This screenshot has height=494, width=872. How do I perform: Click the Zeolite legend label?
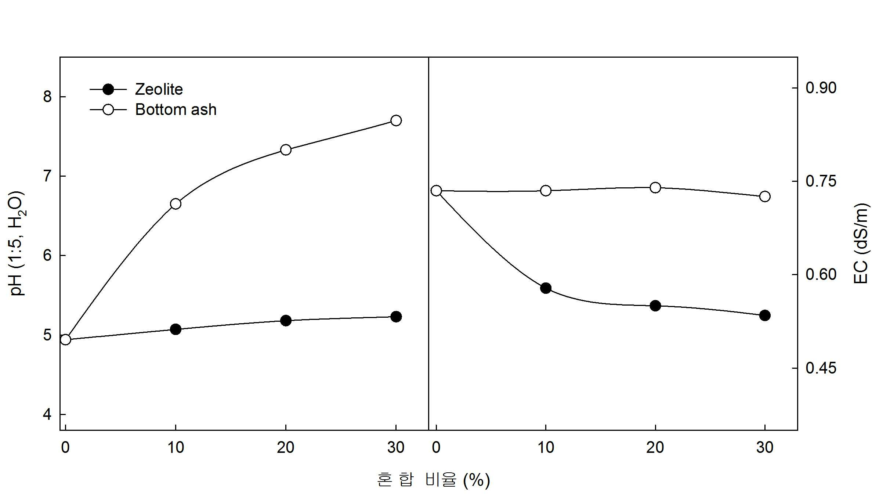tap(159, 89)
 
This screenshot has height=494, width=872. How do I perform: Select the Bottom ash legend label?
tap(176, 109)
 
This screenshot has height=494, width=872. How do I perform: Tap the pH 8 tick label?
tap(47, 97)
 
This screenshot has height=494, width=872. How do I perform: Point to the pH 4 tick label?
tap(47, 414)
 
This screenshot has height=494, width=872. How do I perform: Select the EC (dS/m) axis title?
tap(861, 243)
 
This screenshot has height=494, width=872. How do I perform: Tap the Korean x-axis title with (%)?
tap(433, 480)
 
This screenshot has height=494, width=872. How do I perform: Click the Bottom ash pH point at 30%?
tap(396, 120)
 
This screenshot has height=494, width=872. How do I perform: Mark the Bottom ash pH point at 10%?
tap(176, 204)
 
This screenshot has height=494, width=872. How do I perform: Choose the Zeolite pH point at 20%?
tap(286, 321)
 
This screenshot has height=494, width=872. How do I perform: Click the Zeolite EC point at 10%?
tap(546, 288)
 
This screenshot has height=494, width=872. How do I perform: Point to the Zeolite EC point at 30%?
tap(765, 315)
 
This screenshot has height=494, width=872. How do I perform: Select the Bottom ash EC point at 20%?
tap(655, 188)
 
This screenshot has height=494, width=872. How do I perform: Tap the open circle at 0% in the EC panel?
tap(436, 191)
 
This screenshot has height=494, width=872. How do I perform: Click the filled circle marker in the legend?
tap(108, 89)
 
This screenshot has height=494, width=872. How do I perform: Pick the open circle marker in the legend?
tap(108, 109)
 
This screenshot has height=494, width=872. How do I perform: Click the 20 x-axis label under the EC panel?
tap(655, 447)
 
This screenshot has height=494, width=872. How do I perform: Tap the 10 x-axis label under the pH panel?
tap(176, 447)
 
